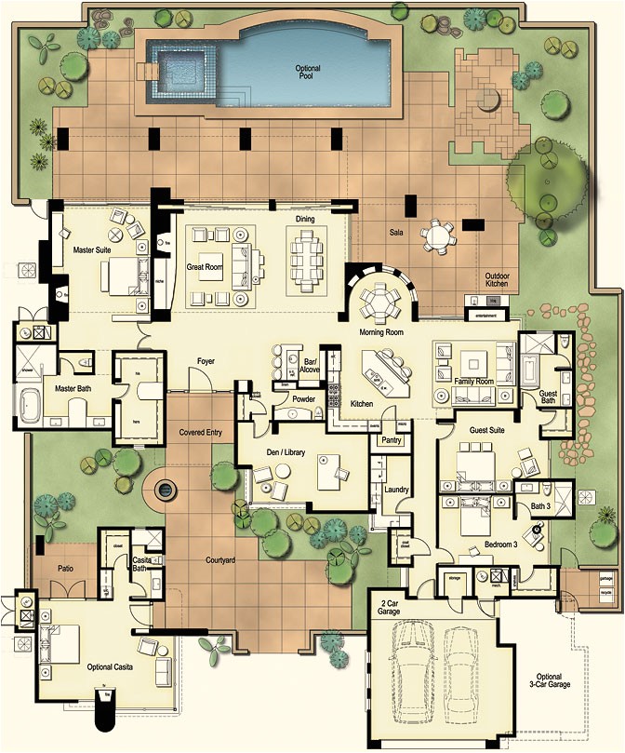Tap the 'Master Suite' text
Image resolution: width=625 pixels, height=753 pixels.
pos(92,250)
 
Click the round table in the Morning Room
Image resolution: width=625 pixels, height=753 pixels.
pos(379,301)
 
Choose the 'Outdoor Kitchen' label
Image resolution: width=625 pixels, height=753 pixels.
pos(497,279)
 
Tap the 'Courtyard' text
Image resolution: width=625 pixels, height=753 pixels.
pos(219,560)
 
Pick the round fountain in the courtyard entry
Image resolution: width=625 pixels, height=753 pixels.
pos(166,487)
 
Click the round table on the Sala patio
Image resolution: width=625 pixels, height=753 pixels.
pos(437,236)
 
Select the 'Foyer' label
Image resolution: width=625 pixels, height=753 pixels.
pos(206,361)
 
